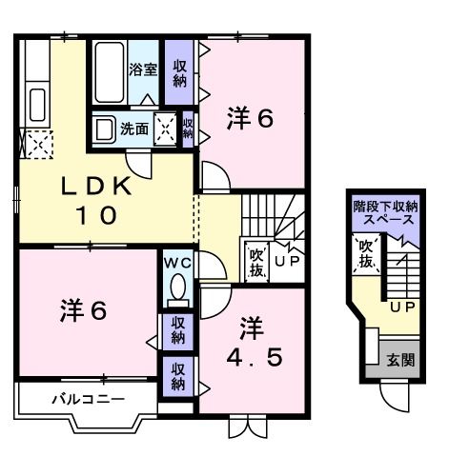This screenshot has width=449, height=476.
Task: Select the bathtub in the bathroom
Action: (x=108, y=74)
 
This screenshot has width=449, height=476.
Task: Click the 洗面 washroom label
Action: (x=134, y=129)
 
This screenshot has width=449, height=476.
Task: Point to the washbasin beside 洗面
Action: (x=104, y=129)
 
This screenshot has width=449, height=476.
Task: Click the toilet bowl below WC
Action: (x=176, y=288)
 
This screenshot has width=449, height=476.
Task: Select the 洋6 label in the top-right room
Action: (x=250, y=119)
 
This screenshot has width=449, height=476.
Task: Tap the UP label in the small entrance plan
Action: (x=401, y=307)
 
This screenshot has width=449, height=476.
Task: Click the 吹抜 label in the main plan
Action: (x=256, y=261)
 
